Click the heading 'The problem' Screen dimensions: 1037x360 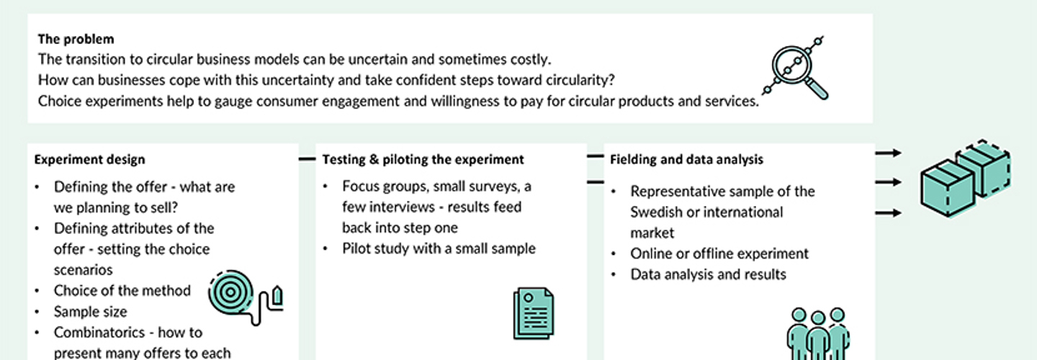76,39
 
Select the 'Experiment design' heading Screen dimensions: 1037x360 89,159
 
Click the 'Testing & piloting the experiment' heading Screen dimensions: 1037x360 423,159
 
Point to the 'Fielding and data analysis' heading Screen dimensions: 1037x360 686,159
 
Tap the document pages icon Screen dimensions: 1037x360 534,313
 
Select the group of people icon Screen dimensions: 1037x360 818,334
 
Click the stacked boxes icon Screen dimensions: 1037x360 966,178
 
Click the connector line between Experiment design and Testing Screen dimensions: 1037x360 307,158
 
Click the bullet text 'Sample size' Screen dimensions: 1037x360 90,312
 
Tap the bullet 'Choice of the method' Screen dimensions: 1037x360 122,291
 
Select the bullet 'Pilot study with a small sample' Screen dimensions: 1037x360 439,248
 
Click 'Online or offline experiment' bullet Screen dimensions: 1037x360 719,253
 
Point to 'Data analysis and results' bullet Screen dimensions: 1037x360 709,274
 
